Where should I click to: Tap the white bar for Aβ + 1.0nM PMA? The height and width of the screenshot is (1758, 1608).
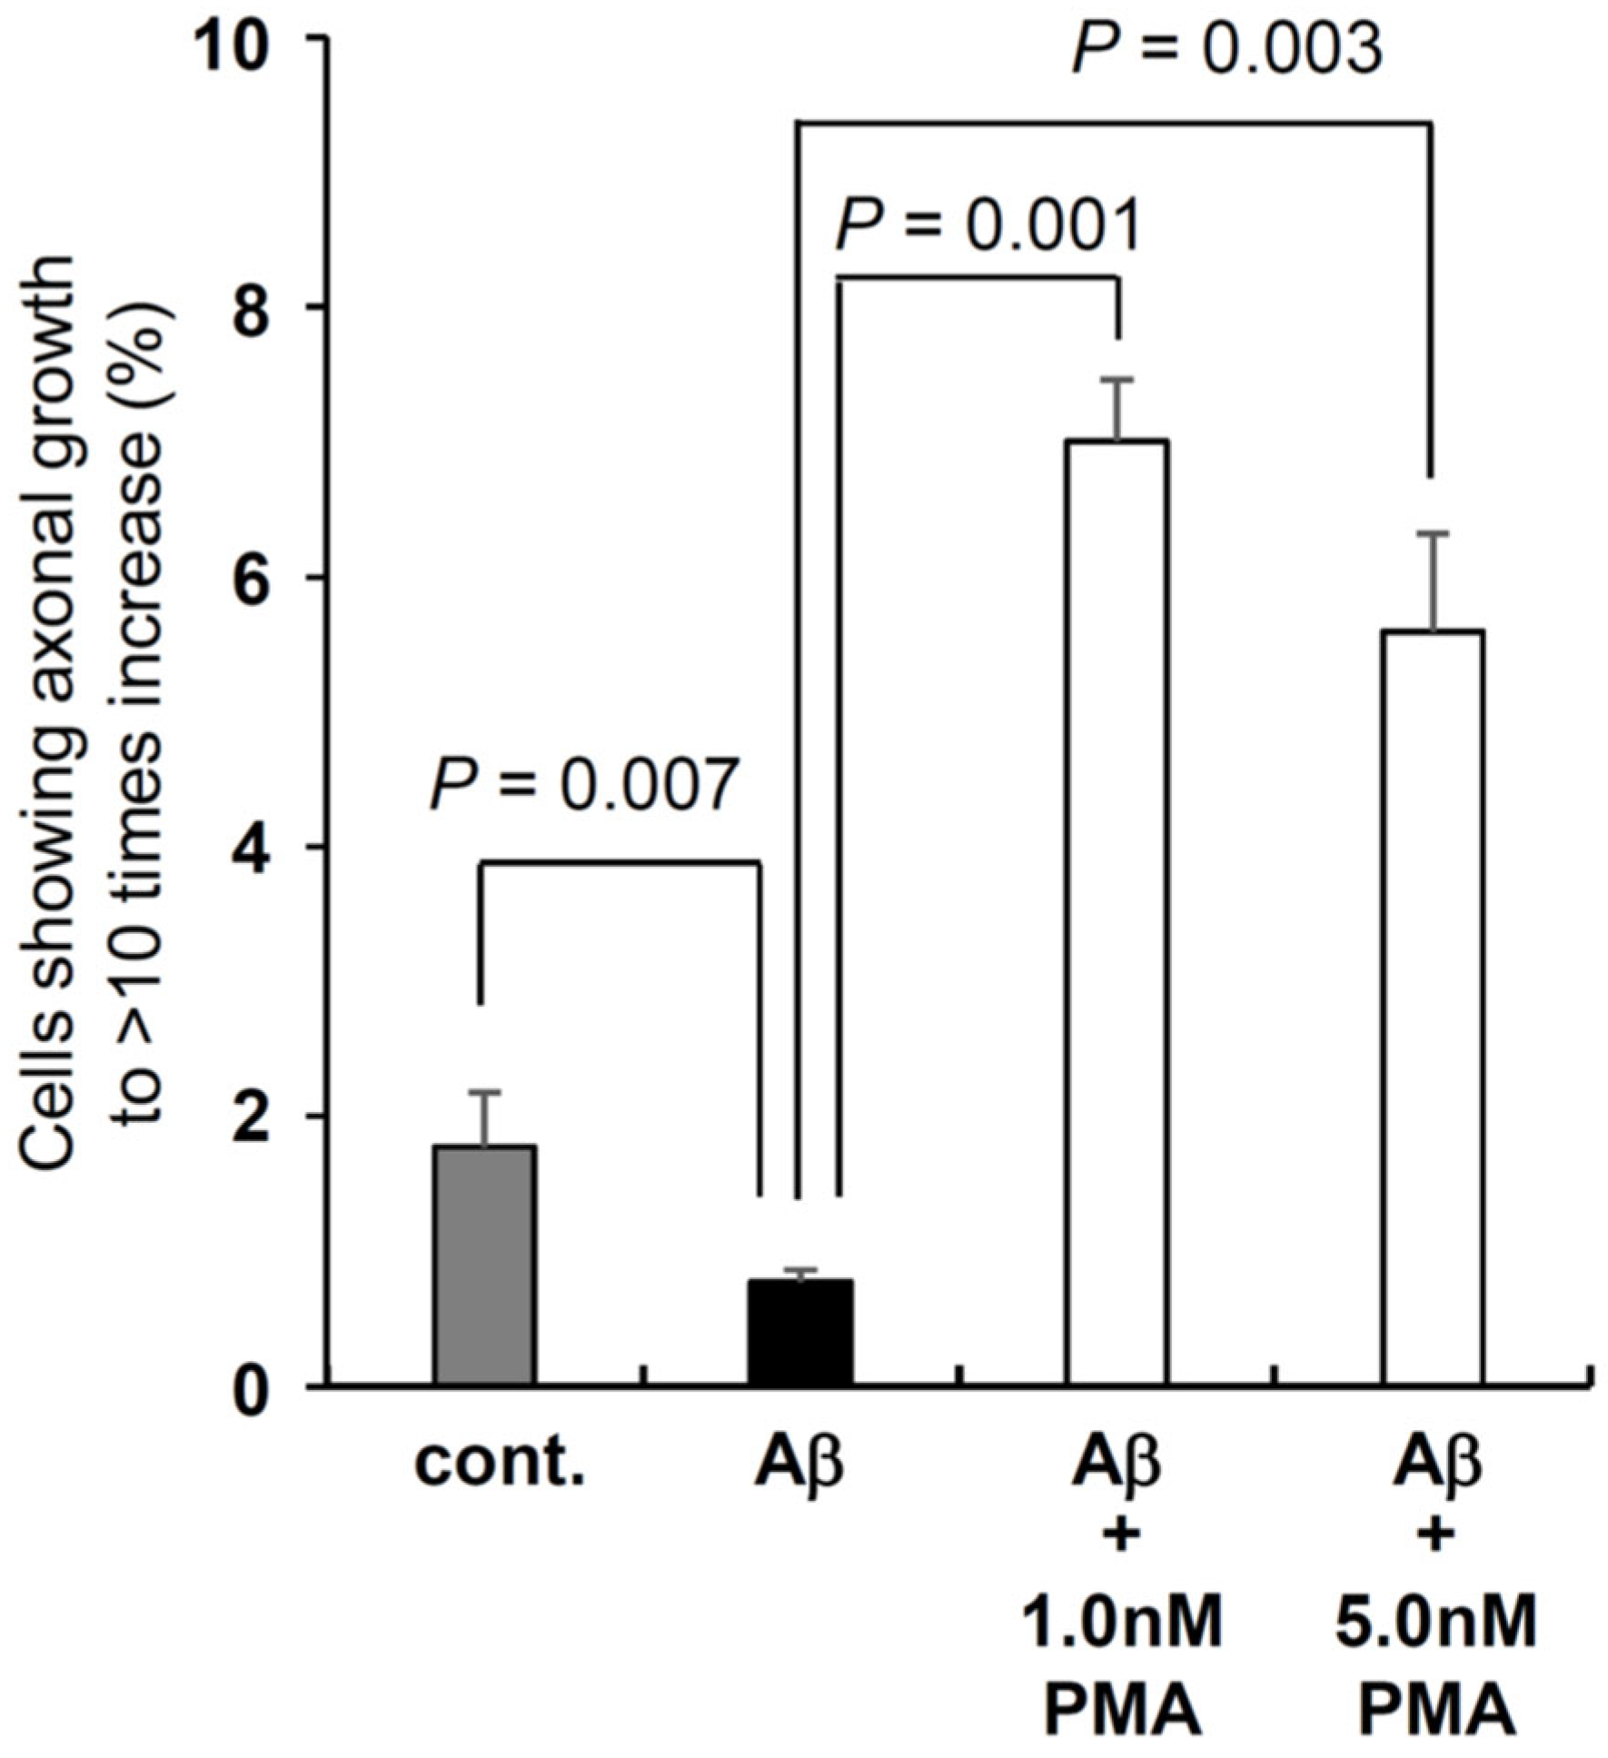pyautogui.click(x=1117, y=913)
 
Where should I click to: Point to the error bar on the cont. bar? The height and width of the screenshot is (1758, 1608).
pyautogui.click(x=485, y=1118)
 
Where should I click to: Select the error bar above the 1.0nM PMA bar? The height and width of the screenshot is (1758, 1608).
pyautogui.click(x=1117, y=409)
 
